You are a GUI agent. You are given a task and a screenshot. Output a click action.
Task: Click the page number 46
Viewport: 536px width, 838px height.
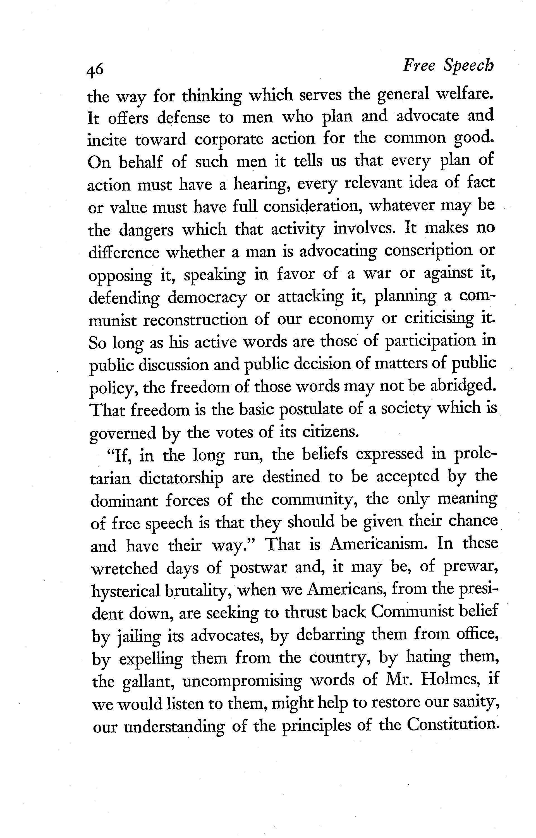(x=95, y=70)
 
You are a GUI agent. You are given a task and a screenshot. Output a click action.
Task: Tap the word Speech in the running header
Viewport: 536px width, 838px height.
(x=468, y=66)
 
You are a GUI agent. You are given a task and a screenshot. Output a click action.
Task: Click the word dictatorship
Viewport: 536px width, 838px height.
(x=181, y=478)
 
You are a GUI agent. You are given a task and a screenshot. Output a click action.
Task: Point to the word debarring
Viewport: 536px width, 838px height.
(x=330, y=636)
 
